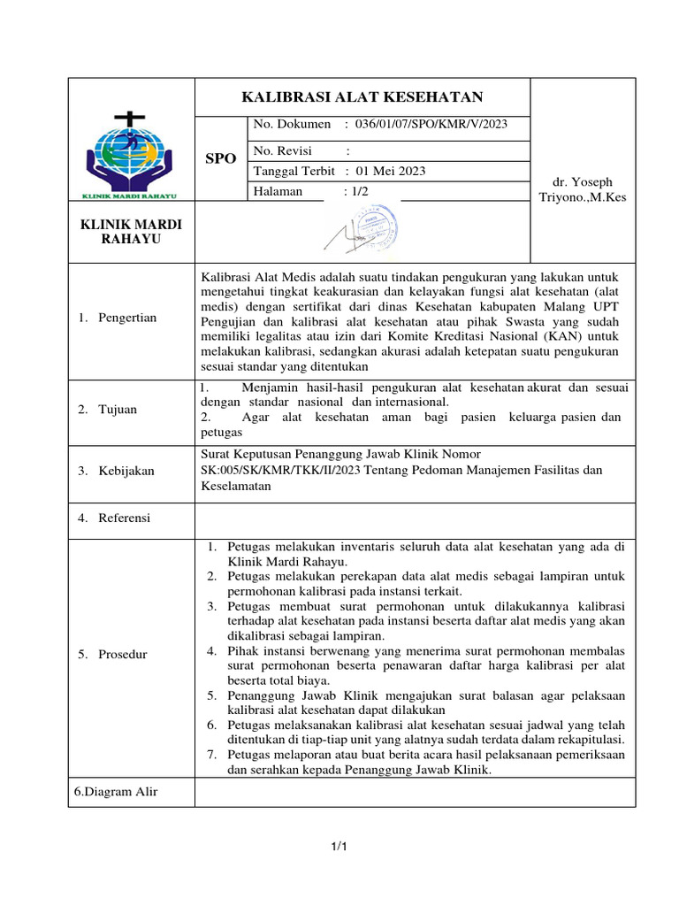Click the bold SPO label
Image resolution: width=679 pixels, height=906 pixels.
pyautogui.click(x=220, y=158)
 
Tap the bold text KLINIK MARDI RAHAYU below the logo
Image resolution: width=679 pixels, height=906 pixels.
pyautogui.click(x=131, y=232)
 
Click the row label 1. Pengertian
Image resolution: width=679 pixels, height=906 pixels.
pyautogui.click(x=116, y=318)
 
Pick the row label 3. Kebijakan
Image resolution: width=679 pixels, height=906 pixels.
pyautogui.click(x=115, y=471)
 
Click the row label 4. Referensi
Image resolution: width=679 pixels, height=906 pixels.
pyautogui.click(x=113, y=518)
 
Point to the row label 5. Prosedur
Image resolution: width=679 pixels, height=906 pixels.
pyautogui.click(x=112, y=654)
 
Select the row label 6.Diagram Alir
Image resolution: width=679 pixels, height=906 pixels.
pyautogui.click(x=115, y=792)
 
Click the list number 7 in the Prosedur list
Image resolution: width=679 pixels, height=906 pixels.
pyautogui.click(x=212, y=755)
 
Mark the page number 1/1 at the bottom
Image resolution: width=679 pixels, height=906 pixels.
pyautogui.click(x=339, y=848)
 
